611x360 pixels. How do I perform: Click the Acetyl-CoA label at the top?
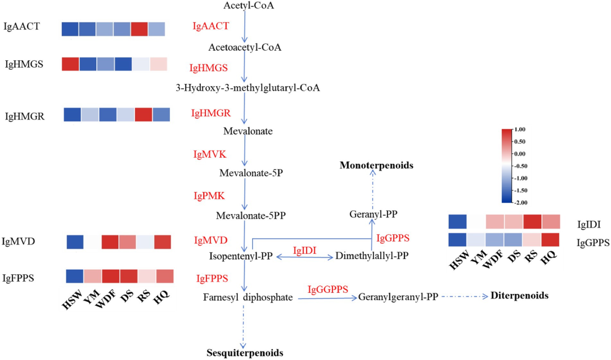[x=248, y=5]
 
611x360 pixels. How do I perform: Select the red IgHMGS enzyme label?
[x=208, y=68]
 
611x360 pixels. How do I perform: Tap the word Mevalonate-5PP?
[x=251, y=215]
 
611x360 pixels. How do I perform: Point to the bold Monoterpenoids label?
[x=376, y=165]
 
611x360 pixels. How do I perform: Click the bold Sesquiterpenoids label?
[x=245, y=353]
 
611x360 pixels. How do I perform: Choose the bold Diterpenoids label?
[x=519, y=295]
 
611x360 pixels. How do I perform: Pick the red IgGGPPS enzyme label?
[x=328, y=289]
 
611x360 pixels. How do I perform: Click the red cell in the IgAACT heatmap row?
[x=139, y=29]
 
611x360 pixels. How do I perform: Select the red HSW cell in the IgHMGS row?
[x=70, y=64]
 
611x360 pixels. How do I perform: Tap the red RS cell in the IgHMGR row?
[x=143, y=115]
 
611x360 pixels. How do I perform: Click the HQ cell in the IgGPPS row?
[x=550, y=240]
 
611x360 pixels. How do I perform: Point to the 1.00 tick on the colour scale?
[x=520, y=130]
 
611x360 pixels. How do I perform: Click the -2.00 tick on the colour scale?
[x=520, y=203]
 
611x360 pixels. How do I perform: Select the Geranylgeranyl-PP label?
[x=398, y=297]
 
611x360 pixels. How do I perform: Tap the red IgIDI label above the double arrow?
[x=305, y=250]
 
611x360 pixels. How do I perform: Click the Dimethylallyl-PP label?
[x=372, y=256]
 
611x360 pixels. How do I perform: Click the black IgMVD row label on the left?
[x=18, y=241]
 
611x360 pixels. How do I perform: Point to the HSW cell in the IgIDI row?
[x=457, y=222]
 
